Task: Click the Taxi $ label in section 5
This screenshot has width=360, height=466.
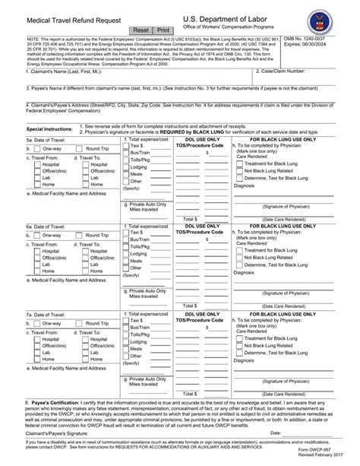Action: tap(137, 144)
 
